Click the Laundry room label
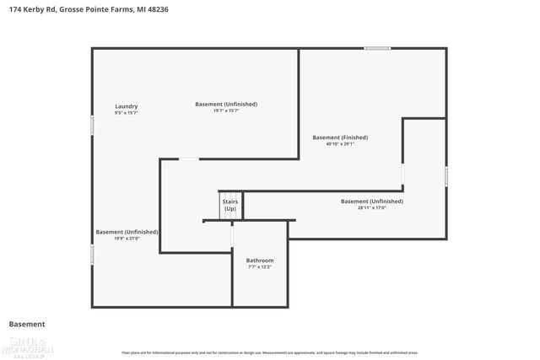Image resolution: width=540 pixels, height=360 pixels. point(126,106)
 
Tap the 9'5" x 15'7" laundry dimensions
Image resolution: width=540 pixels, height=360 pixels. point(126,112)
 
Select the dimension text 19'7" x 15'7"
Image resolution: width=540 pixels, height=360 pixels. point(226,110)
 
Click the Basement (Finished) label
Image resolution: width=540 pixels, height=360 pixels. point(340,137)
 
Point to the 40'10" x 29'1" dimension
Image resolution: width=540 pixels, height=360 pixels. point(340,144)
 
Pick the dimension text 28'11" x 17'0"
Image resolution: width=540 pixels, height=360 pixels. point(371,207)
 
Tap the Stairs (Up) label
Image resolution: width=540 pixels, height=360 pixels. point(229,205)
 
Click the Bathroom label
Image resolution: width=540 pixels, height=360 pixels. point(259,261)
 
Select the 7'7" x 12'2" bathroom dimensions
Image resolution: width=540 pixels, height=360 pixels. point(259,267)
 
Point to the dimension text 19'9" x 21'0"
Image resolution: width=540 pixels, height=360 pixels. point(127,239)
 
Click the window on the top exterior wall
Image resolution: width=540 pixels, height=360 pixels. point(377,48)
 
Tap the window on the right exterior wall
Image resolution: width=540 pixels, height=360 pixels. point(446,175)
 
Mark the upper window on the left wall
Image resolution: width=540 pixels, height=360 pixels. point(92,124)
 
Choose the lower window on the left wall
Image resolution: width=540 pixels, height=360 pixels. point(92,253)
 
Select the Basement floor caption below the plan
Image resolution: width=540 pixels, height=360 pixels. point(27,324)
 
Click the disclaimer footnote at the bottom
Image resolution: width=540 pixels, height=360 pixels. point(269,352)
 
